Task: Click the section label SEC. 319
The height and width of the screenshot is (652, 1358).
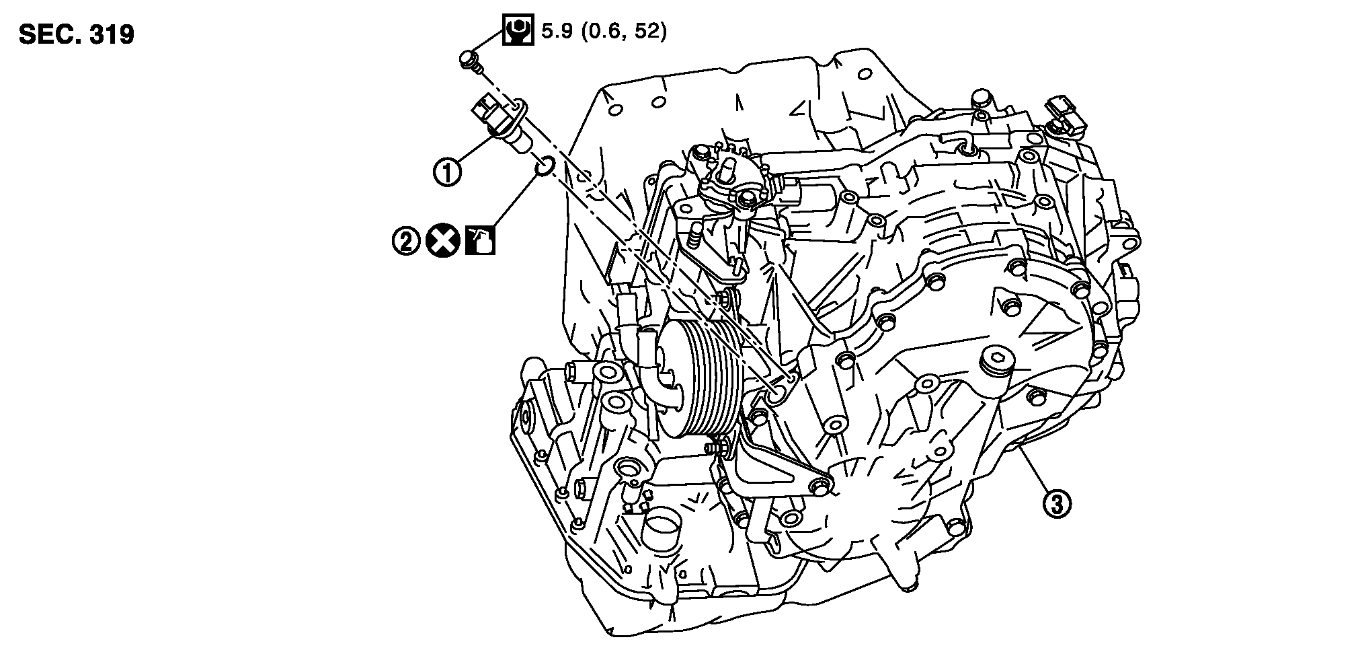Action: click(x=77, y=34)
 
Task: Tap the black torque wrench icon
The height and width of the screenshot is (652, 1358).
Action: click(x=517, y=30)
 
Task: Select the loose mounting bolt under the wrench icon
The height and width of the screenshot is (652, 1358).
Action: click(x=469, y=60)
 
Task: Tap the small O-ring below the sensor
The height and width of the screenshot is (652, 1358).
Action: click(x=545, y=165)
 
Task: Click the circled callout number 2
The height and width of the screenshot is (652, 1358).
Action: click(x=406, y=241)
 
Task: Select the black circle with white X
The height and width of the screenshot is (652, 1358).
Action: click(x=442, y=241)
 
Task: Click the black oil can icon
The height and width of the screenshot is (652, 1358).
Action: click(x=481, y=241)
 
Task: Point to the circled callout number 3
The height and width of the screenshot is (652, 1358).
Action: click(x=1056, y=503)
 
